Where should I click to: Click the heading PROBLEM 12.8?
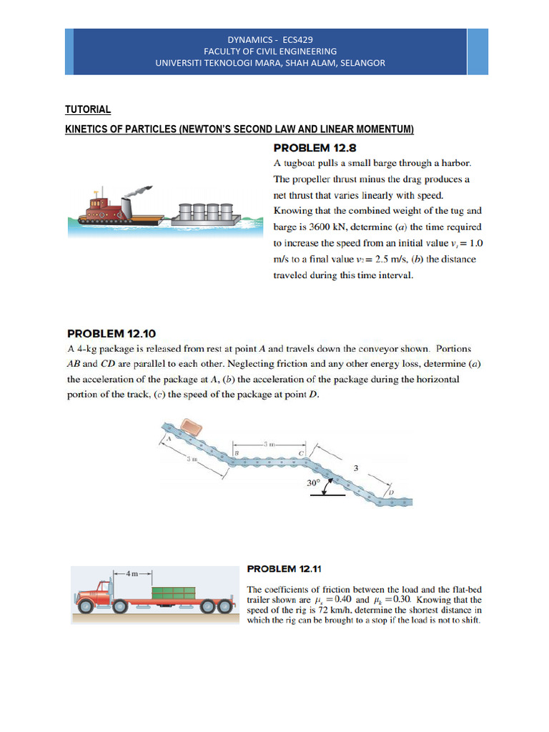(x=311, y=149)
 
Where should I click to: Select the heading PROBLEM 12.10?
(x=111, y=332)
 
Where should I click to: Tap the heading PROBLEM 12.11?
(x=285, y=568)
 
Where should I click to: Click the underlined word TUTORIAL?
(x=88, y=109)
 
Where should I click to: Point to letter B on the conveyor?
(x=236, y=452)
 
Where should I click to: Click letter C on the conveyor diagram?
(x=302, y=452)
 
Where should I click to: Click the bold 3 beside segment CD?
(x=355, y=469)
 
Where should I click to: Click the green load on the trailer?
(x=174, y=593)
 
